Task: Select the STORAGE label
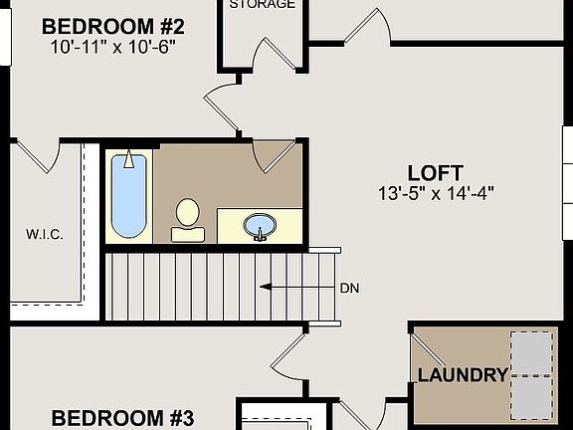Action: [263, 5]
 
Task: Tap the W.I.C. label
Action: [44, 235]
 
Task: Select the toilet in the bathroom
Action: [187, 219]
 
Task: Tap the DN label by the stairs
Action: [349, 287]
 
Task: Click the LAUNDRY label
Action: [463, 375]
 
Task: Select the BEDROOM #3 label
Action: [122, 417]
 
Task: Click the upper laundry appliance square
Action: [531, 351]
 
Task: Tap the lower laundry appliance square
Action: [531, 396]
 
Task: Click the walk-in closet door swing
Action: [41, 153]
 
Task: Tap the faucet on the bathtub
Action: [127, 160]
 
